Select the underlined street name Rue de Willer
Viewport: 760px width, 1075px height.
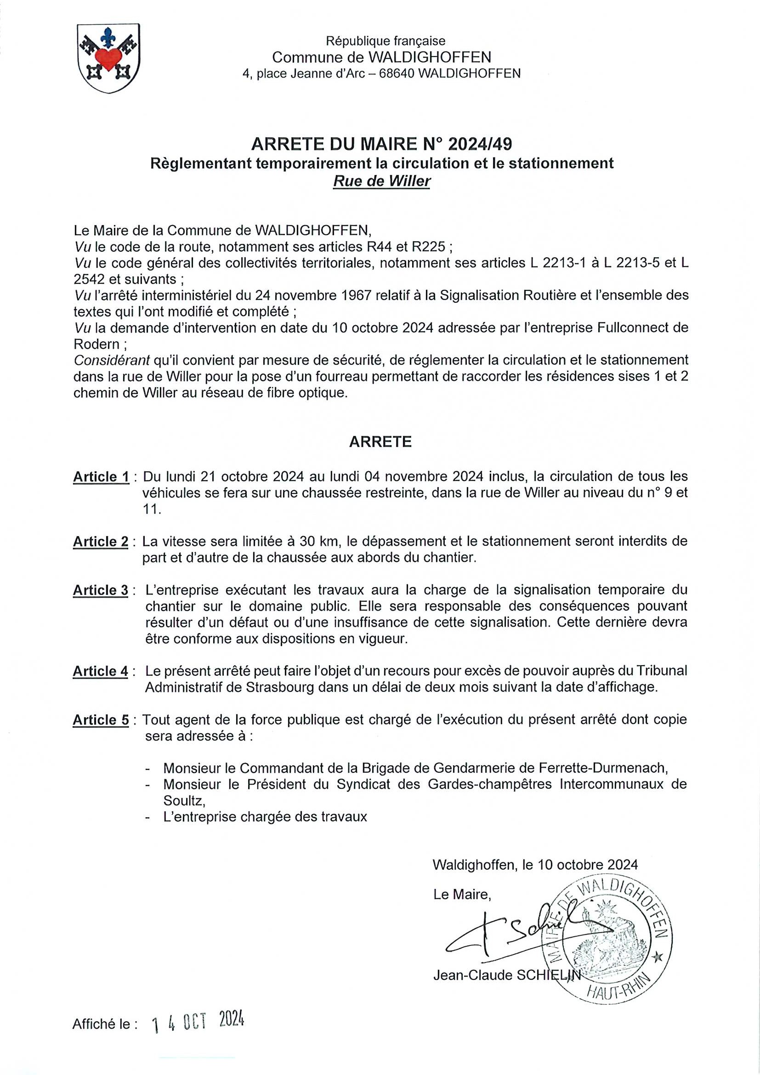coord(381,181)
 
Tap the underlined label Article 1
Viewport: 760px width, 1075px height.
coord(101,477)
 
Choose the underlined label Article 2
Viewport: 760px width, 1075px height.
coord(101,542)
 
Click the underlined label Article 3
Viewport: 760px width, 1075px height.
coord(101,590)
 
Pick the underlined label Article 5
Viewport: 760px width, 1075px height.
coord(101,720)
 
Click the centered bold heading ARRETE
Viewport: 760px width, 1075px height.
coord(380,442)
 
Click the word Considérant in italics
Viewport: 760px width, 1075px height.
coord(112,360)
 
